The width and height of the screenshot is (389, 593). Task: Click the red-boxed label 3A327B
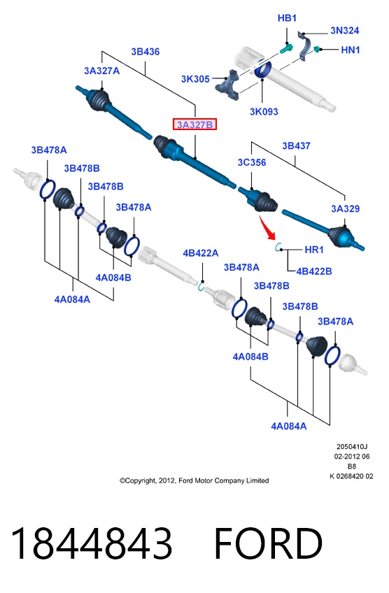194,124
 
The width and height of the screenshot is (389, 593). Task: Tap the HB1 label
287,17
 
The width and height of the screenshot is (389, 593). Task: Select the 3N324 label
344,30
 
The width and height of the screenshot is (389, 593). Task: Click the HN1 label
351,50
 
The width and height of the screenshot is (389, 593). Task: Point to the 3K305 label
195,78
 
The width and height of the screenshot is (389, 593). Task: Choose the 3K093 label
264,112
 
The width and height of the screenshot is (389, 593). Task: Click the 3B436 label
146,52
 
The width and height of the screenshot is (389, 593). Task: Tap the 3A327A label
101,71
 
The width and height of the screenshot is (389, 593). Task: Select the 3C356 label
252,162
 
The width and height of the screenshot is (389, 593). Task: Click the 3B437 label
296,145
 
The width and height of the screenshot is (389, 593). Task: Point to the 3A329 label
345,208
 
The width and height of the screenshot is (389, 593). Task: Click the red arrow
267,227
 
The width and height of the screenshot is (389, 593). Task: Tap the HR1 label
314,250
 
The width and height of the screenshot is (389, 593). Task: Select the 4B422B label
314,271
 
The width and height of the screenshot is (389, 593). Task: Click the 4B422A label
201,253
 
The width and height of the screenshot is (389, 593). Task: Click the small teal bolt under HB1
286,48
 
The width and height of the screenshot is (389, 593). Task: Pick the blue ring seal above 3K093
262,69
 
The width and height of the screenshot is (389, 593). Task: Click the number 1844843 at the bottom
92,543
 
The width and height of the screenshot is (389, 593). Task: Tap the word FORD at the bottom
268,543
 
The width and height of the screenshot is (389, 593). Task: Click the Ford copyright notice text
194,480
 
